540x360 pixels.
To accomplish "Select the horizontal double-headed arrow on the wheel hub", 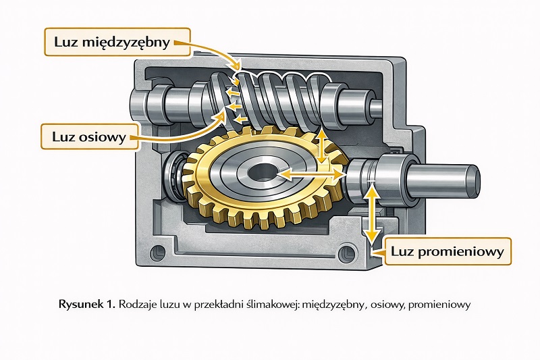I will point(310,174).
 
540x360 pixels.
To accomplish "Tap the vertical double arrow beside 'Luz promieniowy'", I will point(369,214).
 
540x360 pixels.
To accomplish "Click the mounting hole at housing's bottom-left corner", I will point(159,253).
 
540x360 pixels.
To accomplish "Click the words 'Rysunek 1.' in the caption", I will point(87,305).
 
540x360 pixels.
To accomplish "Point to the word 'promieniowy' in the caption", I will point(442,305).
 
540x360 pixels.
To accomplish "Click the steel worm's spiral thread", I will point(270,98).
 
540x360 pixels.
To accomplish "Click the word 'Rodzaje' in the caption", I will point(138,305).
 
